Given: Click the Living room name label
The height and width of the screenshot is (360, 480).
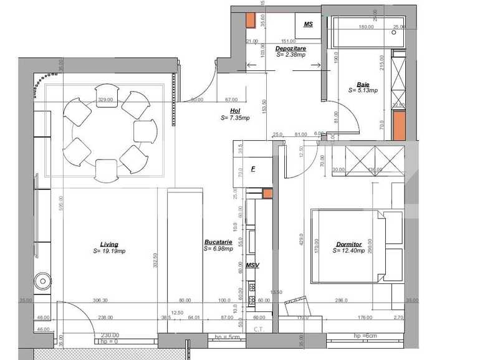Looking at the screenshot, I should click(109, 244).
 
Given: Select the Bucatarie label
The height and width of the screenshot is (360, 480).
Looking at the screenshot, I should click(218, 242).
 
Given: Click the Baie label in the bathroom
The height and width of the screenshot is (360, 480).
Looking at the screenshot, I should click(362, 85).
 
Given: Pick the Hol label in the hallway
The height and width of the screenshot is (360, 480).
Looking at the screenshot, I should click(234, 110).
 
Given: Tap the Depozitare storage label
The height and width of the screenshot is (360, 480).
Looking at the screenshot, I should click(290, 48).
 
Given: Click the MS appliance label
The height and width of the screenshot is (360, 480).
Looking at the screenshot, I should click(308, 24).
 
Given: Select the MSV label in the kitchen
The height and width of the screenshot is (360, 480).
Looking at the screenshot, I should click(252, 265).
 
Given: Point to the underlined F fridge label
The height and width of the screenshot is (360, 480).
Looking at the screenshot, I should click(253, 168).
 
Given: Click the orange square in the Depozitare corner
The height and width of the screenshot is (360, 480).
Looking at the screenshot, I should click(251, 21).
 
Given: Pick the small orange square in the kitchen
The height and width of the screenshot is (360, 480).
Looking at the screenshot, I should click(267, 194).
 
